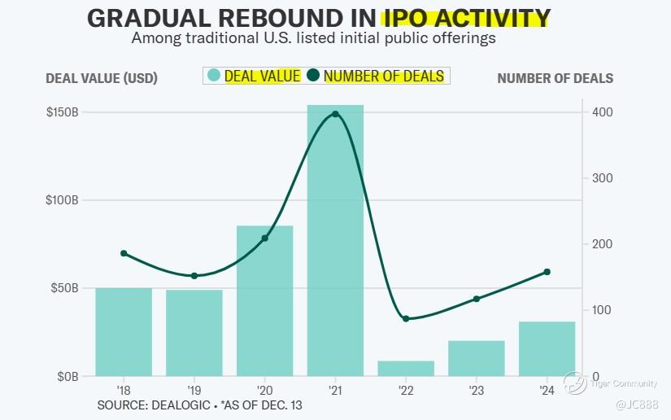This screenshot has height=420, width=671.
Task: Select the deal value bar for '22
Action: click(406, 369)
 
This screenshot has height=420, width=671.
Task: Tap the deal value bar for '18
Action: click(124, 332)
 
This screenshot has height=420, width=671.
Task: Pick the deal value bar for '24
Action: click(547, 349)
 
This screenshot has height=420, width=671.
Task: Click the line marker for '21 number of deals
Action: click(335, 114)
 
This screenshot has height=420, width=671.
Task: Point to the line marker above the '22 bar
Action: click(406, 318)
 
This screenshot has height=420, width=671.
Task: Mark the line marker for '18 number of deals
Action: click(124, 253)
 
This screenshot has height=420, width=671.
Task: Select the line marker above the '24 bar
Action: click(547, 272)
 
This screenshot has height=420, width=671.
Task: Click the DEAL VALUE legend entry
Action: click(254, 76)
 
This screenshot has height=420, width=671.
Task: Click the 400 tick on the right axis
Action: click(603, 112)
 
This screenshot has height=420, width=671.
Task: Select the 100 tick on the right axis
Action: click(603, 310)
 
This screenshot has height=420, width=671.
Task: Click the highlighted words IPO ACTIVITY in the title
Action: click(466, 17)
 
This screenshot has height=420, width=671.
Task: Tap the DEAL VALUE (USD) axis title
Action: click(102, 78)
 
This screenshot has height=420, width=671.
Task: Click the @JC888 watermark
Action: click(642, 405)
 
